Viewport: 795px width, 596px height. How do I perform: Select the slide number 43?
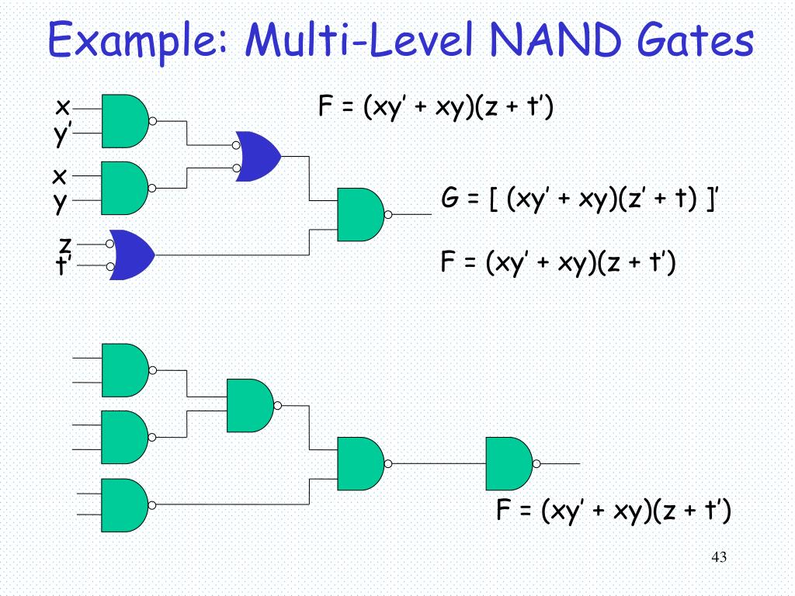coord(718,558)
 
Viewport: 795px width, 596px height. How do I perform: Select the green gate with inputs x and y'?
coord(124,121)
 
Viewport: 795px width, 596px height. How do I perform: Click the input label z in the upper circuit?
coord(66,244)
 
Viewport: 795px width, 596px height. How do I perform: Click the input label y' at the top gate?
coord(61,134)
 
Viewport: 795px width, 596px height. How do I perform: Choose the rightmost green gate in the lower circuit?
coord(509,464)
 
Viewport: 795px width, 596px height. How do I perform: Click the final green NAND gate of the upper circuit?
coord(360,214)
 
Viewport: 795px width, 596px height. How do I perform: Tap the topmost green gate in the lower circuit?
coord(124,370)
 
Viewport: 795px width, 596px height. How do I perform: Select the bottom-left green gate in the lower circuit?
coord(124,504)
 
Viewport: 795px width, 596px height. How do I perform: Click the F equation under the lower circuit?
coord(613,510)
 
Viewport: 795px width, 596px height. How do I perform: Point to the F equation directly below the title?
coord(436,107)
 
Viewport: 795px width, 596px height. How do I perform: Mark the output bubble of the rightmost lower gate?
coord(536,464)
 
